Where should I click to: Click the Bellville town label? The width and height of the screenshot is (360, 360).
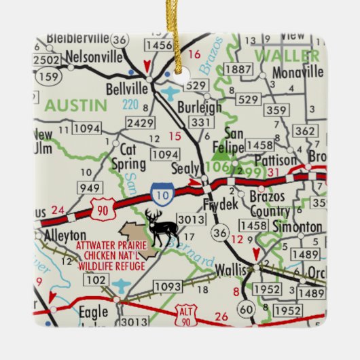pyautogui.click(x=127, y=89)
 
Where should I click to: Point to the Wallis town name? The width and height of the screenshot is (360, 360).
pyautogui.click(x=228, y=270)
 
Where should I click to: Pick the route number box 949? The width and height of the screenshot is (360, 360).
pyautogui.click(x=90, y=188)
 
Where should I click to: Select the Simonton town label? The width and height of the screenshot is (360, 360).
pyautogui.click(x=296, y=226)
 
